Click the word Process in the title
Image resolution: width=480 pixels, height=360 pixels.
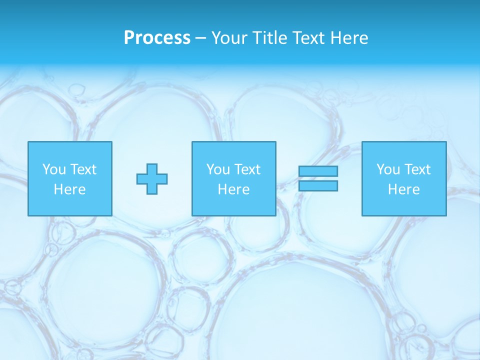(157, 38)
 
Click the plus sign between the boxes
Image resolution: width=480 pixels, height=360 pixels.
(152, 179)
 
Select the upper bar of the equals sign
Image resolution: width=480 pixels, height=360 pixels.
(318, 171)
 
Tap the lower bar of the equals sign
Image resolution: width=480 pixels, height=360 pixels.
(318, 186)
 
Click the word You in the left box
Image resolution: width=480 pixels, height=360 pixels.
(54, 169)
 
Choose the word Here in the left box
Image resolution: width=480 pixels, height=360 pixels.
(69, 189)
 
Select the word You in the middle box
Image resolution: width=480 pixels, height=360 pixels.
(218, 169)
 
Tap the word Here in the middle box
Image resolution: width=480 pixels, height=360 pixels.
(233, 189)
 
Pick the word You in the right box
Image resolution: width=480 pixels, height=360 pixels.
(388, 169)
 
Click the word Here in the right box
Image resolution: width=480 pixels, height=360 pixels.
(403, 189)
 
